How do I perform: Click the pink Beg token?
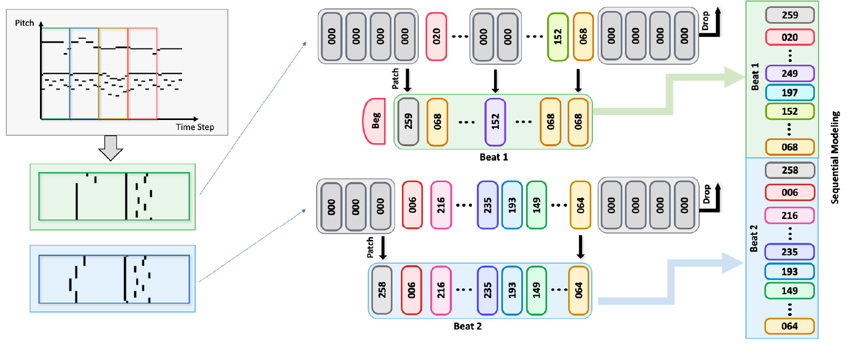pyautogui.click(x=375, y=121)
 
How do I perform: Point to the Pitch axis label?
pyautogui.click(x=24, y=23)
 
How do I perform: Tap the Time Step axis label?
pyautogui.click(x=195, y=127)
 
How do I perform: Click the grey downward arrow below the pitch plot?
pyautogui.click(x=110, y=147)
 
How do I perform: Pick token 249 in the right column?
pyautogui.click(x=790, y=74)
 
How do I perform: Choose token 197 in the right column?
pyautogui.click(x=790, y=93)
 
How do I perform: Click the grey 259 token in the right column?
pyautogui.click(x=790, y=15)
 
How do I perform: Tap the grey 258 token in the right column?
pyautogui.click(x=790, y=171)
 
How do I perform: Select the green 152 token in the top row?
pyautogui.click(x=558, y=37)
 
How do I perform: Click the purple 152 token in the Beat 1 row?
pyautogui.click(x=495, y=122)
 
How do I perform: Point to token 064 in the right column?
pyautogui.click(x=790, y=326)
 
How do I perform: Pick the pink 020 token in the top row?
pyautogui.click(x=436, y=37)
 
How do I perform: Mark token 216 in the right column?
pyautogui.click(x=790, y=216)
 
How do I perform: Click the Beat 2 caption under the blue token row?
pyautogui.click(x=468, y=326)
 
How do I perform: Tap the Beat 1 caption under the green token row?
pyautogui.click(x=493, y=157)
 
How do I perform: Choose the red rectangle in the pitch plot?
pyautogui.click(x=143, y=74)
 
